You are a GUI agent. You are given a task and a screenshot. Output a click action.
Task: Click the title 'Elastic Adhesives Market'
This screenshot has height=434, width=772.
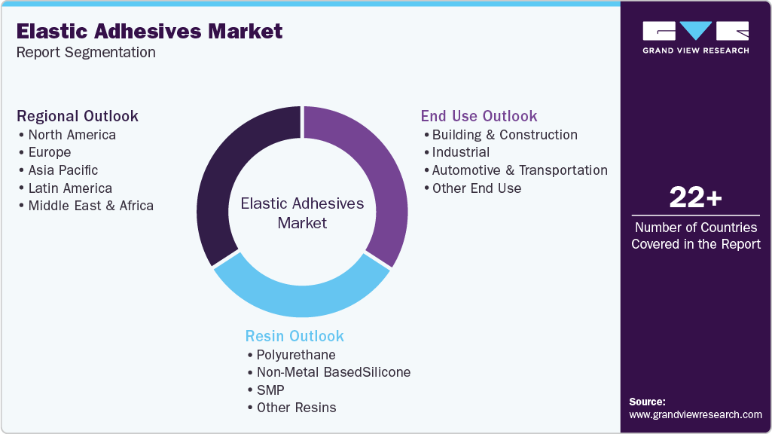click(149, 31)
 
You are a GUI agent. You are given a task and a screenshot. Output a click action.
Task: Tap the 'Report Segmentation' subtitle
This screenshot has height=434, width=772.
click(86, 52)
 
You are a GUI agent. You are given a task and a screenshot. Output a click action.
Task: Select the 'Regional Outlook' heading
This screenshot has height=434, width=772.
click(78, 116)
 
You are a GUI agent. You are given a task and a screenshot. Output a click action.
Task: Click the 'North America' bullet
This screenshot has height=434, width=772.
click(72, 135)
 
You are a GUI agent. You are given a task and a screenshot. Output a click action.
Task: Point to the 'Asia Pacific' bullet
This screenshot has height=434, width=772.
click(63, 170)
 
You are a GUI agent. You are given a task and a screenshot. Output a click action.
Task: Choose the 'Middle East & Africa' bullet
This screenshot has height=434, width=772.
click(90, 206)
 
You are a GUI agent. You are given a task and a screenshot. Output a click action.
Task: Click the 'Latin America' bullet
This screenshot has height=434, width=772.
click(70, 188)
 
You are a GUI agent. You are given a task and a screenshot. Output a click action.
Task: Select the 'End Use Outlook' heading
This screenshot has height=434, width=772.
click(479, 116)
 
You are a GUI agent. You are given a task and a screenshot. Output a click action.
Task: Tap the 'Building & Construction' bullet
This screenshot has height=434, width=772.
click(505, 135)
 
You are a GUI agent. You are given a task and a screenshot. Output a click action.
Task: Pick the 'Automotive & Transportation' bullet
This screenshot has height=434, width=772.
click(520, 170)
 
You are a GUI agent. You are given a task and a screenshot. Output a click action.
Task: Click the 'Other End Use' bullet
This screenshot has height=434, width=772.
click(476, 188)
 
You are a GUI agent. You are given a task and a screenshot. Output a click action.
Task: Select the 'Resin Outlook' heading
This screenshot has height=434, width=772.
click(294, 336)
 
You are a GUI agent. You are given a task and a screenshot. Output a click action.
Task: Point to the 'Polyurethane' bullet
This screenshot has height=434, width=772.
click(296, 354)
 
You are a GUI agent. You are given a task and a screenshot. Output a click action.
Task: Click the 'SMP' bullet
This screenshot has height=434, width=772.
click(270, 390)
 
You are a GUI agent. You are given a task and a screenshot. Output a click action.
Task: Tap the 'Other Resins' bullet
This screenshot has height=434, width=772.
click(296, 408)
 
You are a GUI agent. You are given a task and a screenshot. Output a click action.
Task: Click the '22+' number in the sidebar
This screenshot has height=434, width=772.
click(695, 199)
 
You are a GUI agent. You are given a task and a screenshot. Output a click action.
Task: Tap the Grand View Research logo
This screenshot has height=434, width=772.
click(695, 36)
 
